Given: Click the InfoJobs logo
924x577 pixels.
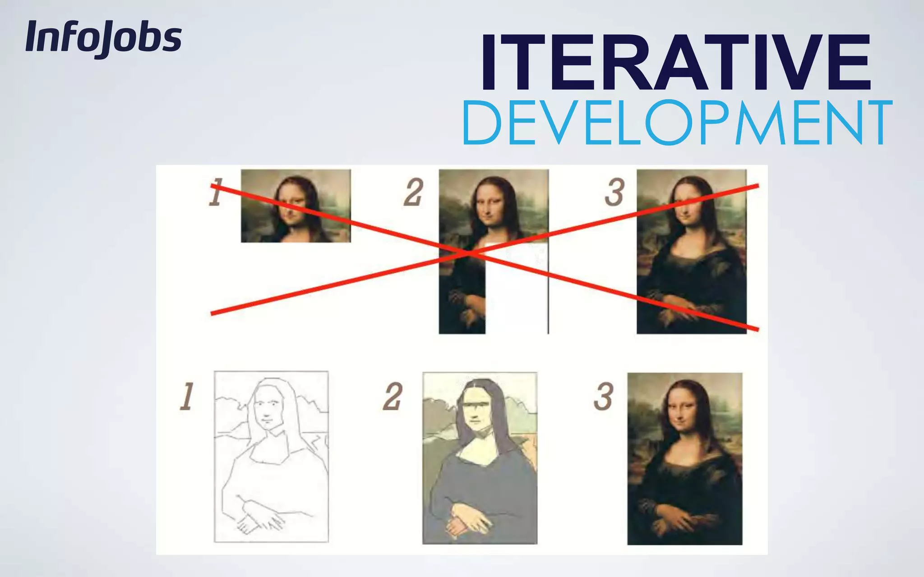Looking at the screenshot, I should pos(104,38).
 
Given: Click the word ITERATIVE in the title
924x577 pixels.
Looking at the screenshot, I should pos(675,63).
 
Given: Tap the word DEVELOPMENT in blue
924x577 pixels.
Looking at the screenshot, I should pos(677,123).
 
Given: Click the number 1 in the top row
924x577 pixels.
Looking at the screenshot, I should pos(216,192).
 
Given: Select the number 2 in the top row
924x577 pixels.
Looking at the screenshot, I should pos(413,192).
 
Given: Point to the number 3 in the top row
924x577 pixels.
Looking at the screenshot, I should pos(614,192).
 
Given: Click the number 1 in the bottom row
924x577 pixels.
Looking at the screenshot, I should pos(186,397).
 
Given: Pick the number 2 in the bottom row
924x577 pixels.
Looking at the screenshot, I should pos(393,397).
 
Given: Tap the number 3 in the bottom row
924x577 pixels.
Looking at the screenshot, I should pos(603,397).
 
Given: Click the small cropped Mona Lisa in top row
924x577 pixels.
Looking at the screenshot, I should pos(296,206).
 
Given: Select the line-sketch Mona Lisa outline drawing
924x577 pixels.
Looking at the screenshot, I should pos(271,456).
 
